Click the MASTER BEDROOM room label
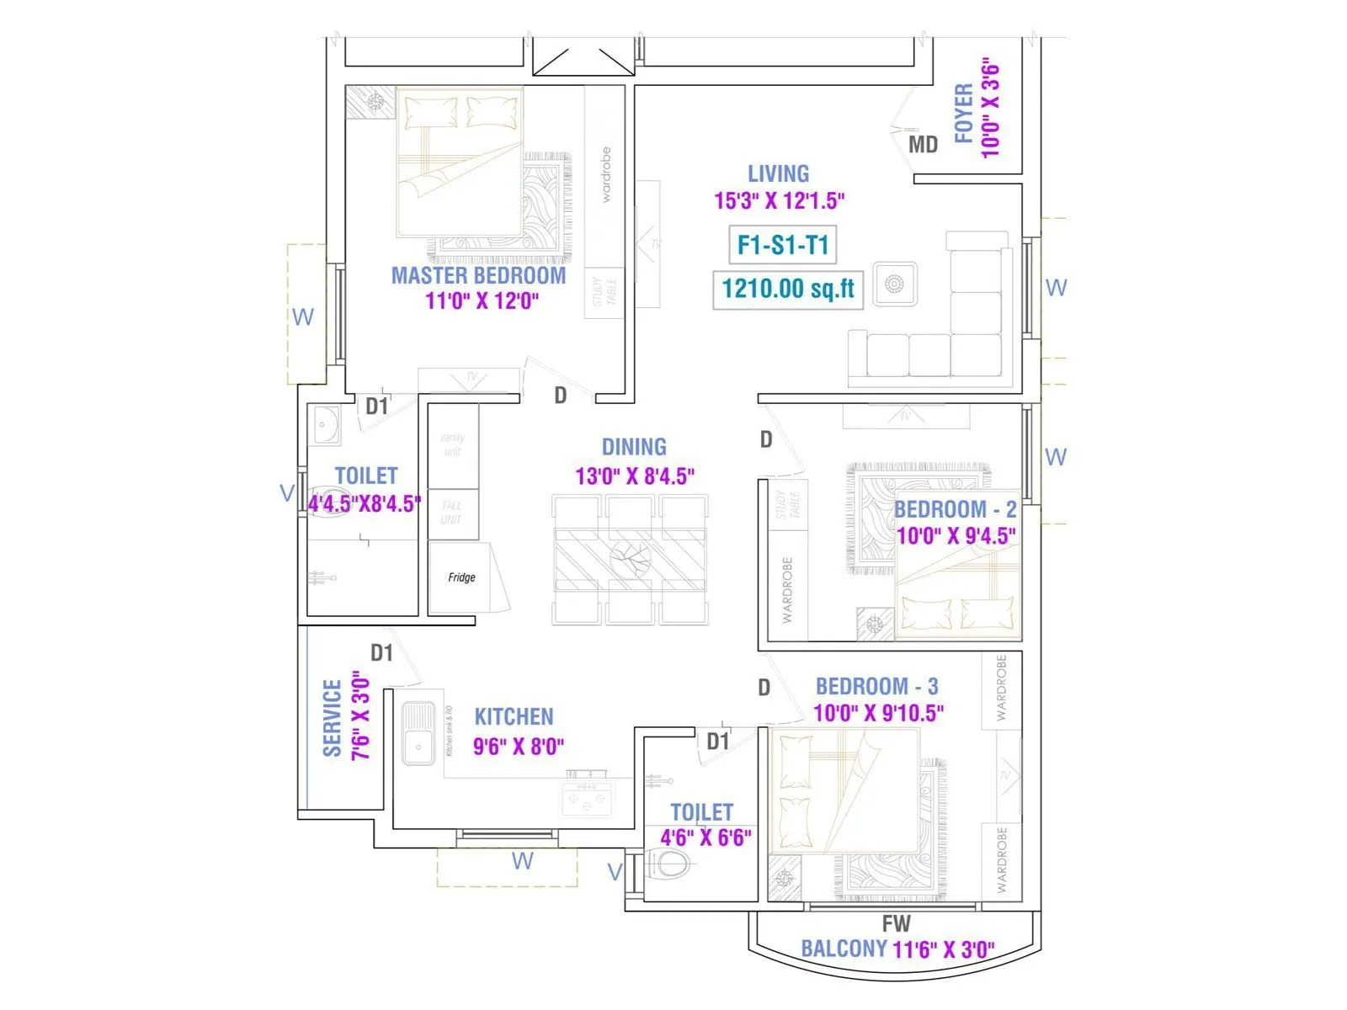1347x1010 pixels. (x=478, y=275)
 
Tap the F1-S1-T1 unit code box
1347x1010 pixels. (x=783, y=245)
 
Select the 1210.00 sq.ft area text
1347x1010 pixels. (x=788, y=289)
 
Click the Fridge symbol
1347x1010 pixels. (x=461, y=577)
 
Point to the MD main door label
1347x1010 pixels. (x=923, y=145)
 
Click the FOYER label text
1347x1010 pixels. (x=963, y=113)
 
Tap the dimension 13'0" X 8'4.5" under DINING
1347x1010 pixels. (x=635, y=476)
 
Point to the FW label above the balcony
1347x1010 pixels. (x=896, y=923)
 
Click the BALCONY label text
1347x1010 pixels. (x=844, y=949)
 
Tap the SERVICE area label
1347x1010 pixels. (x=333, y=718)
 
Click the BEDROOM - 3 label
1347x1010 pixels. (x=876, y=686)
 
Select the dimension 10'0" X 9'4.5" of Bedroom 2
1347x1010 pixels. (x=956, y=536)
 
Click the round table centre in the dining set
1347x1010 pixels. (x=631, y=558)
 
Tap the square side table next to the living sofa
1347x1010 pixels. (x=895, y=285)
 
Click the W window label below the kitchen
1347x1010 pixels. (x=522, y=861)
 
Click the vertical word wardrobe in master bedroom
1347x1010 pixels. (x=606, y=174)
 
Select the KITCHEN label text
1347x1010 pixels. (x=514, y=717)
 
